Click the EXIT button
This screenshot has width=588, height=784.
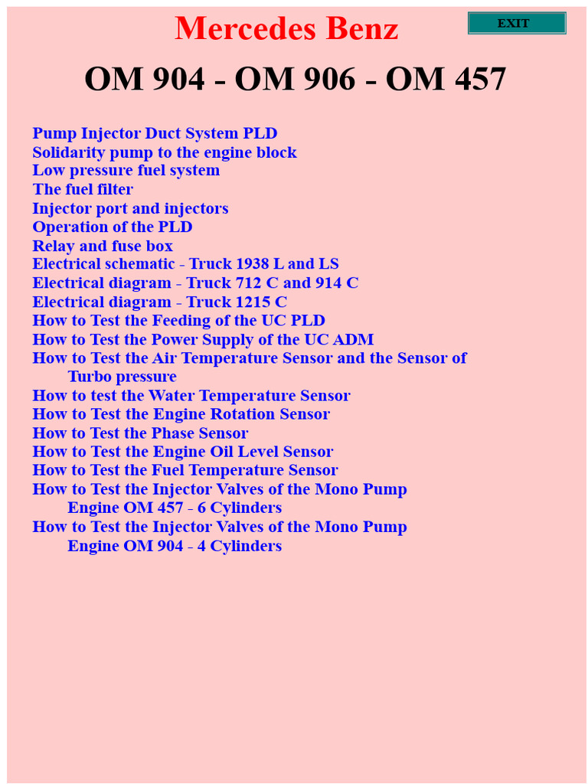tap(517, 23)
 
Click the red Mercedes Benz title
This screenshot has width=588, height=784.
tap(286, 29)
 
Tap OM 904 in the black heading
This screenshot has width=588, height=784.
tap(145, 79)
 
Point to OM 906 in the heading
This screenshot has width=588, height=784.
tap(295, 79)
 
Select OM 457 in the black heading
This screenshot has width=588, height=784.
tap(446, 79)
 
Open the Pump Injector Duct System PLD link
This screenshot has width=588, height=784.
tap(155, 133)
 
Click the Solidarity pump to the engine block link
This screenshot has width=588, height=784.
tap(165, 152)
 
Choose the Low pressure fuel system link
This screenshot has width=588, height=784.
tap(126, 170)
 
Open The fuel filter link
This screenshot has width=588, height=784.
tap(83, 189)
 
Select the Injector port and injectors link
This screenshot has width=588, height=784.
tap(130, 208)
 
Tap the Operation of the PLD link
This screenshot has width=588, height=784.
tap(113, 227)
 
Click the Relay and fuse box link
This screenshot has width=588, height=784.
tap(103, 246)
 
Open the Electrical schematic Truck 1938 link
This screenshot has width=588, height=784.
tap(185, 264)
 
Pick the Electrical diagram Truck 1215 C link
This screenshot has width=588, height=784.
tap(159, 302)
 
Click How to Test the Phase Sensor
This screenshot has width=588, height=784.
tap(140, 433)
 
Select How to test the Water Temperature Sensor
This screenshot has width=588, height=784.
tap(191, 395)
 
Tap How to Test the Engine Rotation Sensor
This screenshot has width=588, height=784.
tap(181, 414)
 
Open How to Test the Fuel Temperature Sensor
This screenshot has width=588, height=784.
tap(185, 470)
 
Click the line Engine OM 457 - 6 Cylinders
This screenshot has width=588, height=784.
tap(175, 508)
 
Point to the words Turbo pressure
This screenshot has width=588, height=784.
tap(122, 377)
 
